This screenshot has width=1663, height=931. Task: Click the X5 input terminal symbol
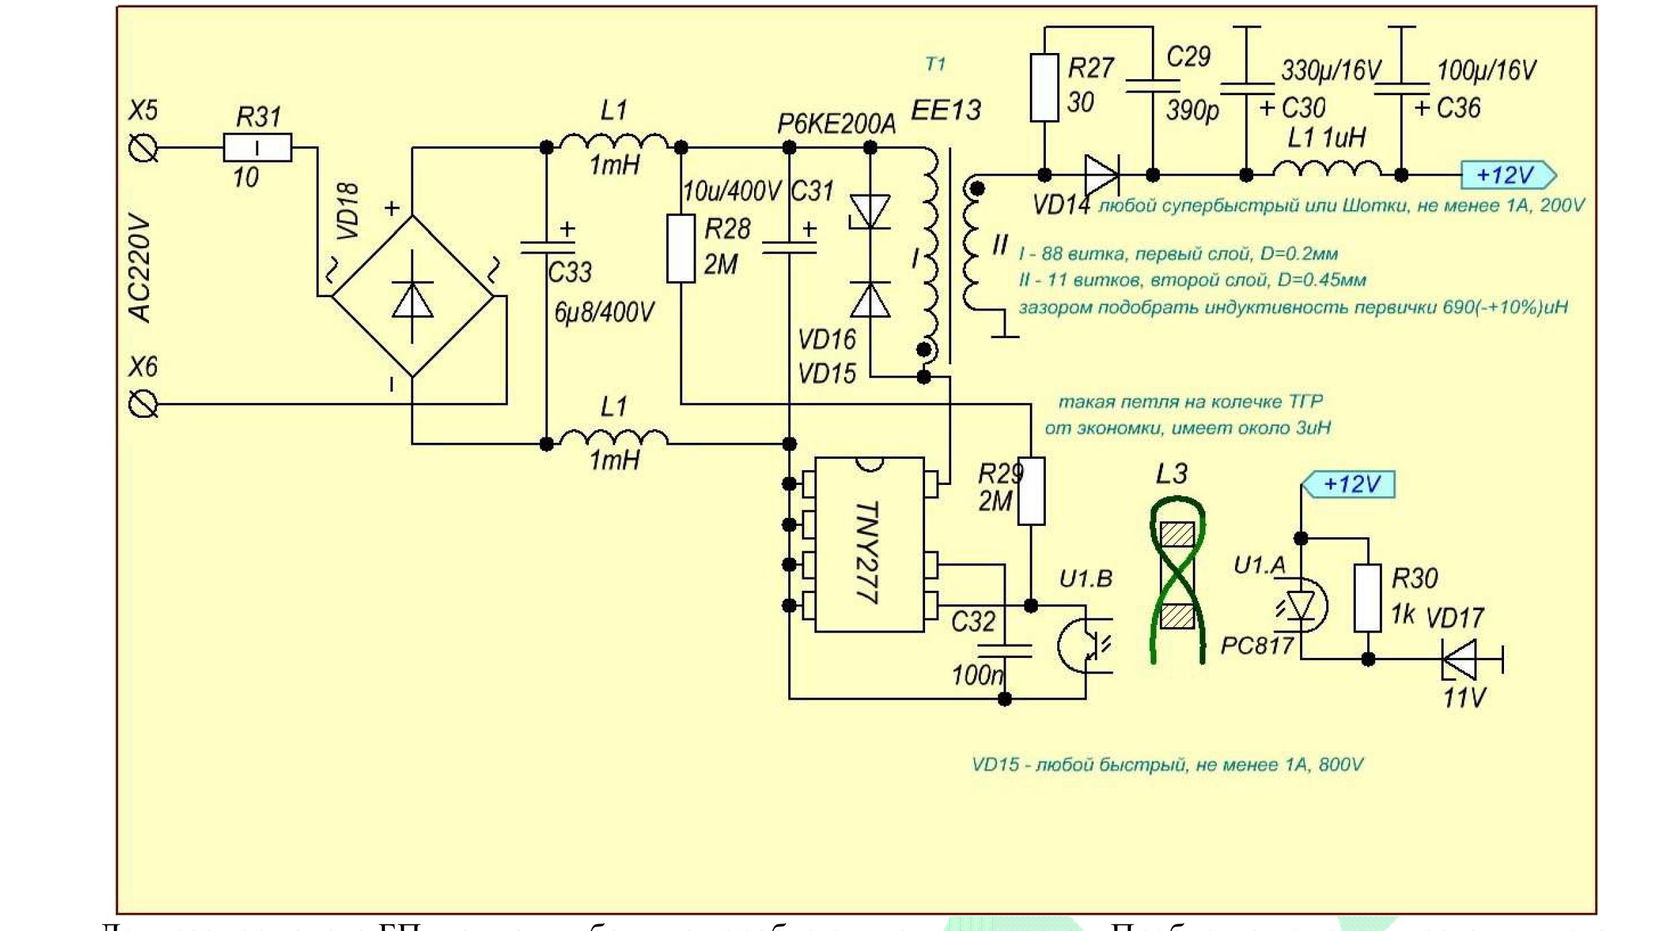point(143,148)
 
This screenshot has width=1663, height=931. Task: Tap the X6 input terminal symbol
point(143,404)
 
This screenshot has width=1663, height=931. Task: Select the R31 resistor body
point(258,148)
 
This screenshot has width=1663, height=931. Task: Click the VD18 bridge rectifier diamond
point(413,296)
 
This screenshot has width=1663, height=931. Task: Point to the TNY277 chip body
point(869,545)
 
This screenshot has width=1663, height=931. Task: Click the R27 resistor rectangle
point(1044,88)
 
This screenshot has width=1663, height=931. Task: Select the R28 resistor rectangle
point(681,249)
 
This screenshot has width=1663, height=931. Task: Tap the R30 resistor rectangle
point(1368,598)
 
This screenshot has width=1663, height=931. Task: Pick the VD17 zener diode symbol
point(1461,659)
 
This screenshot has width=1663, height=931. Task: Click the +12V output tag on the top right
point(1507,175)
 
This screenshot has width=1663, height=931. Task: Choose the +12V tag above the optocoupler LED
point(1349,484)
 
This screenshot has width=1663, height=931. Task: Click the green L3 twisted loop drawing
point(1177,580)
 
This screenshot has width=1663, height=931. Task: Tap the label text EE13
point(946,110)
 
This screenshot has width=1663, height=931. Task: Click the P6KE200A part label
point(836,124)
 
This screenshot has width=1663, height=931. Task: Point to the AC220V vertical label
point(140,268)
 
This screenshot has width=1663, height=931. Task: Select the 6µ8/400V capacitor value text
point(604,313)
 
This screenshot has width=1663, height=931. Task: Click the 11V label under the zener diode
point(1465,698)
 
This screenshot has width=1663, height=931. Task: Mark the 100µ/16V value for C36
point(1487,70)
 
